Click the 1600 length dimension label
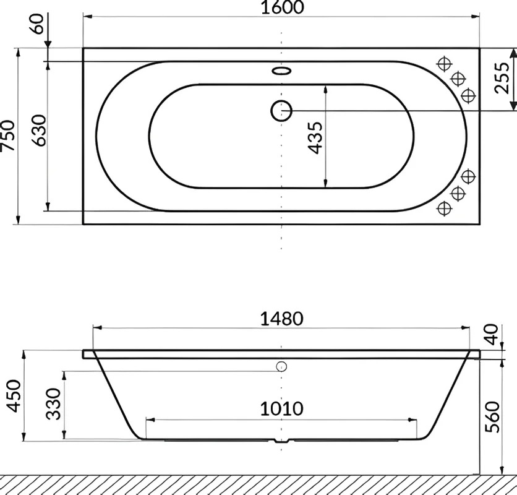282,7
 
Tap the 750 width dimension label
8,136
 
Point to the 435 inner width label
315,138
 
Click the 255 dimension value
502,78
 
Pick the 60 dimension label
38,24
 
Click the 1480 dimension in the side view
281,319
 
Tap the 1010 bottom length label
281,409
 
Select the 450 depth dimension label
14,395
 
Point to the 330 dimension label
53,404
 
